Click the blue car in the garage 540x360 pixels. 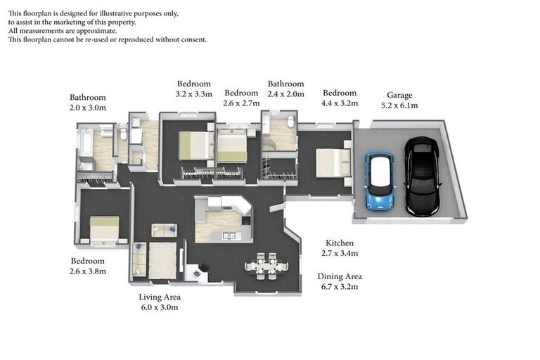pyautogui.click(x=380, y=181)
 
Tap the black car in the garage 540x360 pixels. pyautogui.click(x=422, y=176)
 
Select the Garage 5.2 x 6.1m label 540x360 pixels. pyautogui.click(x=399, y=101)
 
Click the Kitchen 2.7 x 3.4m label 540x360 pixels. pyautogui.click(x=340, y=248)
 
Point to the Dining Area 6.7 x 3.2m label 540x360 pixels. pyautogui.click(x=340, y=281)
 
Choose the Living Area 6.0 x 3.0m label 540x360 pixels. pyautogui.click(x=160, y=302)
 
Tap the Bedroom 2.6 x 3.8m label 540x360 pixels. pyautogui.click(x=88, y=266)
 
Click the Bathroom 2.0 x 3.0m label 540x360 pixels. pyautogui.click(x=87, y=103)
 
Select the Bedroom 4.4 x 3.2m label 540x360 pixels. pyautogui.click(x=340, y=98)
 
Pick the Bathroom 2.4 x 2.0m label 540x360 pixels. pyautogui.click(x=286, y=89)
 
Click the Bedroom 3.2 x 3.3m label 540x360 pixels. pyautogui.click(x=194, y=89)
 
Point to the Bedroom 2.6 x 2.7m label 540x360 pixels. pyautogui.click(x=241, y=98)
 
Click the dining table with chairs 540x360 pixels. pyautogui.click(x=266, y=266)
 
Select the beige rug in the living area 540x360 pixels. pyautogui.click(x=162, y=261)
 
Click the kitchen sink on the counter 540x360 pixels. pyautogui.click(x=229, y=236)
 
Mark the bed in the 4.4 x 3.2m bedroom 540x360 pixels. pyautogui.click(x=334, y=162)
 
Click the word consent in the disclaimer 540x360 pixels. pyautogui.click(x=192, y=39)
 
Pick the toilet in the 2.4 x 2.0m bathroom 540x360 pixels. pyautogui.click(x=291, y=122)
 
